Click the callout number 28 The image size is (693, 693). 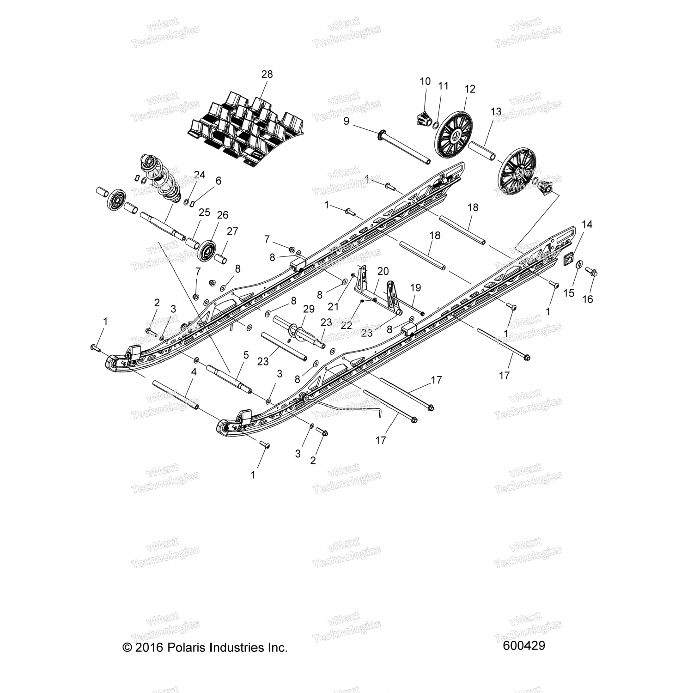coord(267,74)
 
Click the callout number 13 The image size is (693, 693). coord(496,111)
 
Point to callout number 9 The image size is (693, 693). coord(359,122)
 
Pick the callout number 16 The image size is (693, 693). coord(587,299)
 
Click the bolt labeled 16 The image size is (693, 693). coord(593,273)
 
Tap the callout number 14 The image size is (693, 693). coord(587,225)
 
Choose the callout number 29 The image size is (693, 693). coord(309,309)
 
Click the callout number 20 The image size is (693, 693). coord(383,271)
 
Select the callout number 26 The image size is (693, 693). coord(223,215)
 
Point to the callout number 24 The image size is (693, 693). coord(199,175)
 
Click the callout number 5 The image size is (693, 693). coord(246,355)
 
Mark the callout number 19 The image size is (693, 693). coord(415,288)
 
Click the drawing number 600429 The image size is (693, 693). coord(524,645)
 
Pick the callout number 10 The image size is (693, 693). coord(425,81)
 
